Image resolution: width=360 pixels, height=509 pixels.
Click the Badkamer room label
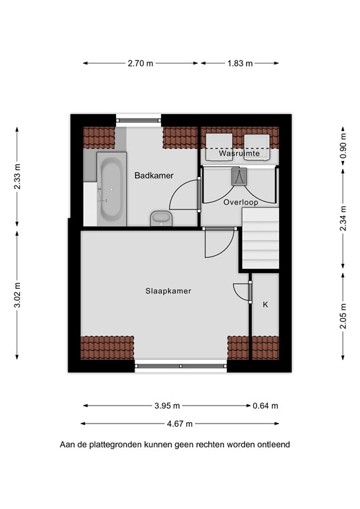[154, 175]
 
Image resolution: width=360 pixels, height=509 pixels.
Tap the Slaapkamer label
[168, 291]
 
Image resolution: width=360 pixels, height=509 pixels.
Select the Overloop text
[241, 202]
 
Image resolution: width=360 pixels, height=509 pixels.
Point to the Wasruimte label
[239, 153]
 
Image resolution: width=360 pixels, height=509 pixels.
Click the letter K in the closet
[266, 304]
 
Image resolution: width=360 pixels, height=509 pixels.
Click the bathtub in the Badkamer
[111, 189]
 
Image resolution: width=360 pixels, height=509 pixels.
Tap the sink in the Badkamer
[161, 218]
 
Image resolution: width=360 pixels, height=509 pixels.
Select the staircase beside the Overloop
[261, 239]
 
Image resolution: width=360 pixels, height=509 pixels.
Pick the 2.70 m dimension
[141, 64]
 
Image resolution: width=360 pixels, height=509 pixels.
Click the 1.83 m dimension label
[240, 64]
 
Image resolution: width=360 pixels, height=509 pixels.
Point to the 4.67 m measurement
[180, 424]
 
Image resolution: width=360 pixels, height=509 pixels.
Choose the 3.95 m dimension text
[167, 406]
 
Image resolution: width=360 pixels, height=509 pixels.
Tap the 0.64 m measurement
[266, 406]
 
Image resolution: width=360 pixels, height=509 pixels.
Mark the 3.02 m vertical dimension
[17, 295]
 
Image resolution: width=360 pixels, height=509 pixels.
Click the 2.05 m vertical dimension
[343, 316]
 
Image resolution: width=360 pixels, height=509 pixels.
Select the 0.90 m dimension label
[343, 146]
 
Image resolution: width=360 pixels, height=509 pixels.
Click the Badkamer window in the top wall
[139, 121]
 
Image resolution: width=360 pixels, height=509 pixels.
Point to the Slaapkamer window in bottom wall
[181, 366]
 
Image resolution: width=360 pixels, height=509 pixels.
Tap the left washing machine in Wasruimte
[219, 147]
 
